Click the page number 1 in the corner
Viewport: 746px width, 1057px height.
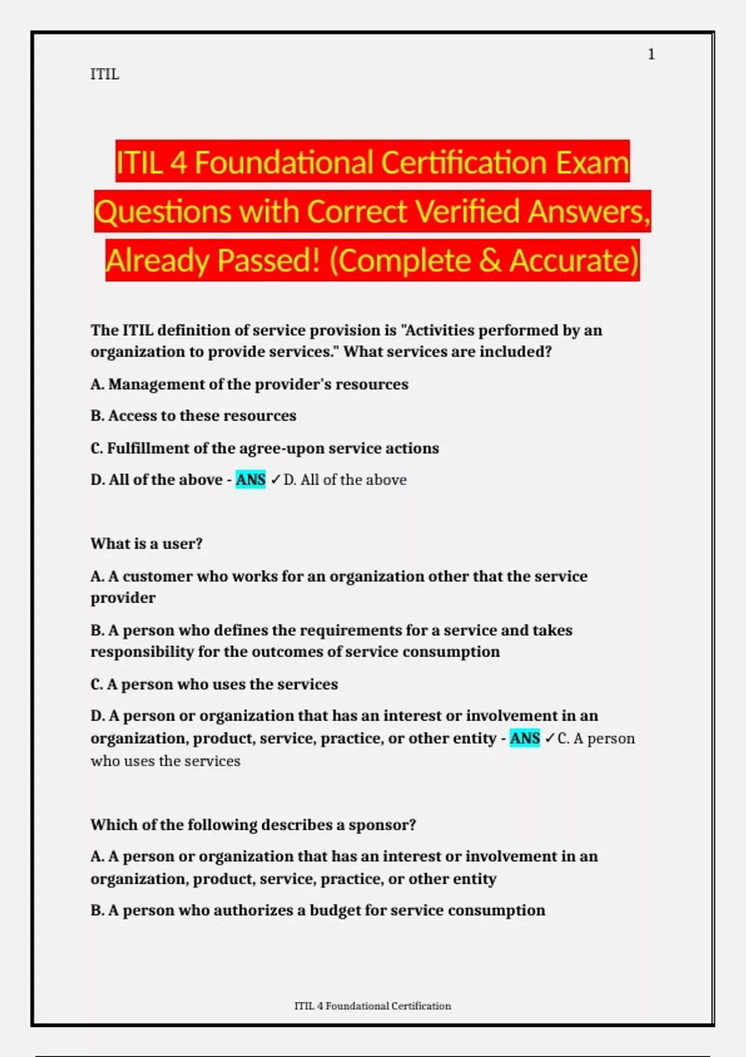(x=651, y=55)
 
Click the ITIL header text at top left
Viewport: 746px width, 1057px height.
(x=104, y=75)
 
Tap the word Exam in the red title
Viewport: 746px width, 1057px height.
(x=592, y=162)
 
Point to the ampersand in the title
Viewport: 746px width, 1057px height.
(x=490, y=261)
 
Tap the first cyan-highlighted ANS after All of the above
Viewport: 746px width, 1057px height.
(x=251, y=479)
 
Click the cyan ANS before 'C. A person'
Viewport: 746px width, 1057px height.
(x=525, y=738)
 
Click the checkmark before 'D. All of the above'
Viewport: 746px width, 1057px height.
(x=275, y=479)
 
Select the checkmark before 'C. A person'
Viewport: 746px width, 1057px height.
(x=550, y=738)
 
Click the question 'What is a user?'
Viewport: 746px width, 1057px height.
(x=147, y=543)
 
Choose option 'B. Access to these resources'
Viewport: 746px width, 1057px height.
(x=193, y=415)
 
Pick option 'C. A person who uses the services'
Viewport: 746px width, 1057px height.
(x=214, y=684)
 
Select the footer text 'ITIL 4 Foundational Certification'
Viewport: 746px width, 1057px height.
(x=372, y=1005)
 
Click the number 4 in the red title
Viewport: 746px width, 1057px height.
(x=178, y=162)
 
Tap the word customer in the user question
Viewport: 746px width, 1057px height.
(x=157, y=576)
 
